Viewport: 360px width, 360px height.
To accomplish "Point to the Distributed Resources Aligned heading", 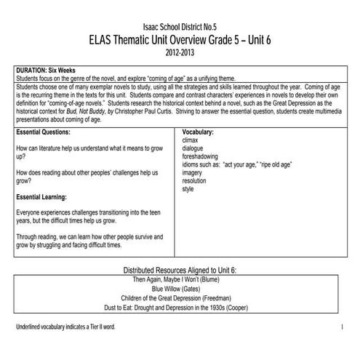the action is coord(180,270).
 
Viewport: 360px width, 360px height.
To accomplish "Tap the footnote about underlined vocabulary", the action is coord(65,328).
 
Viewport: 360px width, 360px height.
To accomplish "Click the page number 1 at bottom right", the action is coord(341,328).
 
